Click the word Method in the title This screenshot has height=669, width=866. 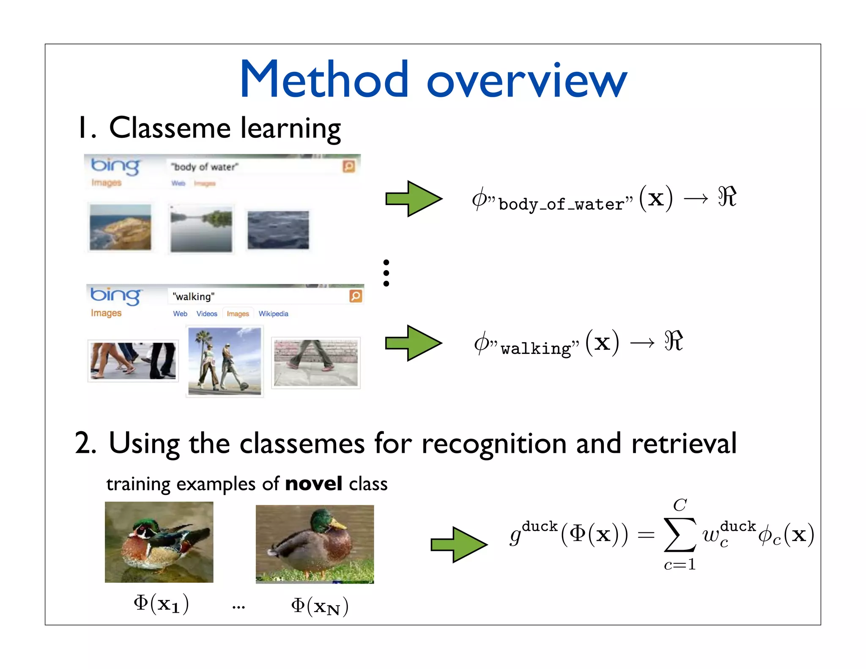pyautogui.click(x=324, y=80)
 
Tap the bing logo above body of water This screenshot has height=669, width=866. pyautogui.click(x=115, y=166)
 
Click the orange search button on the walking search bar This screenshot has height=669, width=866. pyautogui.click(x=356, y=296)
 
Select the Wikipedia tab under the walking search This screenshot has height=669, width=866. pyautogui.click(x=273, y=314)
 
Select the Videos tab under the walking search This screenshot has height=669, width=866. pyautogui.click(x=207, y=314)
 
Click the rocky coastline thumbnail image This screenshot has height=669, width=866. pyautogui.click(x=120, y=227)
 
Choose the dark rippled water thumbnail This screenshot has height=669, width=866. pyautogui.click(x=278, y=230)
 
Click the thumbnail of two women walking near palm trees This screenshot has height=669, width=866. pyautogui.click(x=225, y=361)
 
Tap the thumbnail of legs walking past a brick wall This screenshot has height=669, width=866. pyautogui.click(x=315, y=362)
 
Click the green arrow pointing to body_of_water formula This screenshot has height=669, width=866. pyautogui.click(x=413, y=199)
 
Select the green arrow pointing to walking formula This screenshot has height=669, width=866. pyautogui.click(x=413, y=343)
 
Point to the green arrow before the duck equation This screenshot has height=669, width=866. pyautogui.click(x=458, y=545)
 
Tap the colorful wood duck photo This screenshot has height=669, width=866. pyautogui.click(x=159, y=542)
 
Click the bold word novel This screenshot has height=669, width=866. pyautogui.click(x=313, y=483)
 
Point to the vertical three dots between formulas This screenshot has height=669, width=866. pyautogui.click(x=386, y=273)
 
